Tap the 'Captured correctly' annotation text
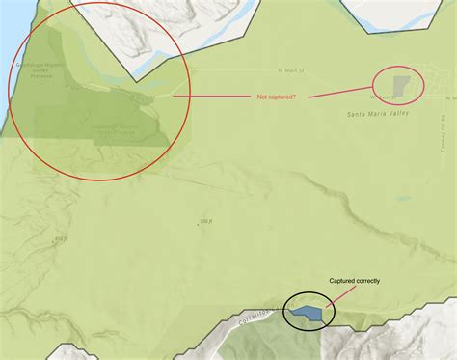[x=354, y=281]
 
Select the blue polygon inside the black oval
[x=308, y=313]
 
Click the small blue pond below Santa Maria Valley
[x=400, y=200]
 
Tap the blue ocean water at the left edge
[x=4, y=58]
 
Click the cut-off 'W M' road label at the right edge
[x=449, y=97]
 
